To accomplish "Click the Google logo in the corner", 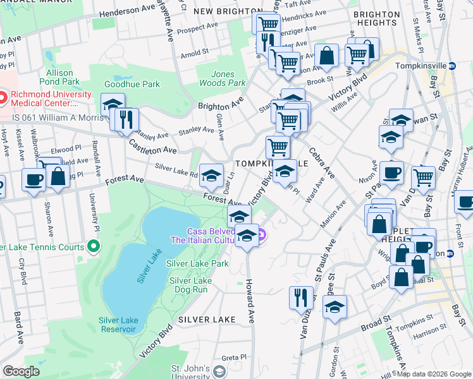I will point(21,371).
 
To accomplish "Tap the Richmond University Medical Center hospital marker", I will point(2,98).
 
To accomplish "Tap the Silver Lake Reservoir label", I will point(118,325).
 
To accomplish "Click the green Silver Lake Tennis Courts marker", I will point(94,246).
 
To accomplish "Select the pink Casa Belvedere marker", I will point(262,236).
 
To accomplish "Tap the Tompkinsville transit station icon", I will point(452,66).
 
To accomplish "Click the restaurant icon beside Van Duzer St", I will point(301,297).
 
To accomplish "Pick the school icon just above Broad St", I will point(335,306).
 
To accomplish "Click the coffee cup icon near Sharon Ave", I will point(34,179).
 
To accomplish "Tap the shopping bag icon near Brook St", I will point(328,55).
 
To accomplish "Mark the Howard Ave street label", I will point(250,301).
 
